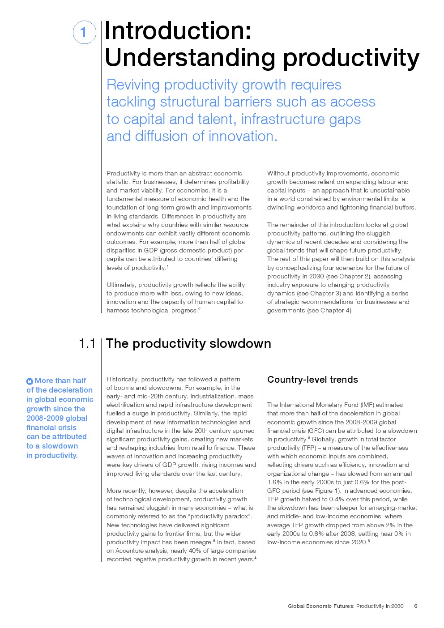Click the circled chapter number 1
point(84,32)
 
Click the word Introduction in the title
point(178,31)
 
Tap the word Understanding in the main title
point(190,58)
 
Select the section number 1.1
point(87,343)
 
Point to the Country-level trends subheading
point(312,380)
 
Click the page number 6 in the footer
point(416,606)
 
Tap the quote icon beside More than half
point(30,381)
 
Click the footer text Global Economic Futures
point(321,606)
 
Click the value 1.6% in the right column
point(275,482)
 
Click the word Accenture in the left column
point(131,551)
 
